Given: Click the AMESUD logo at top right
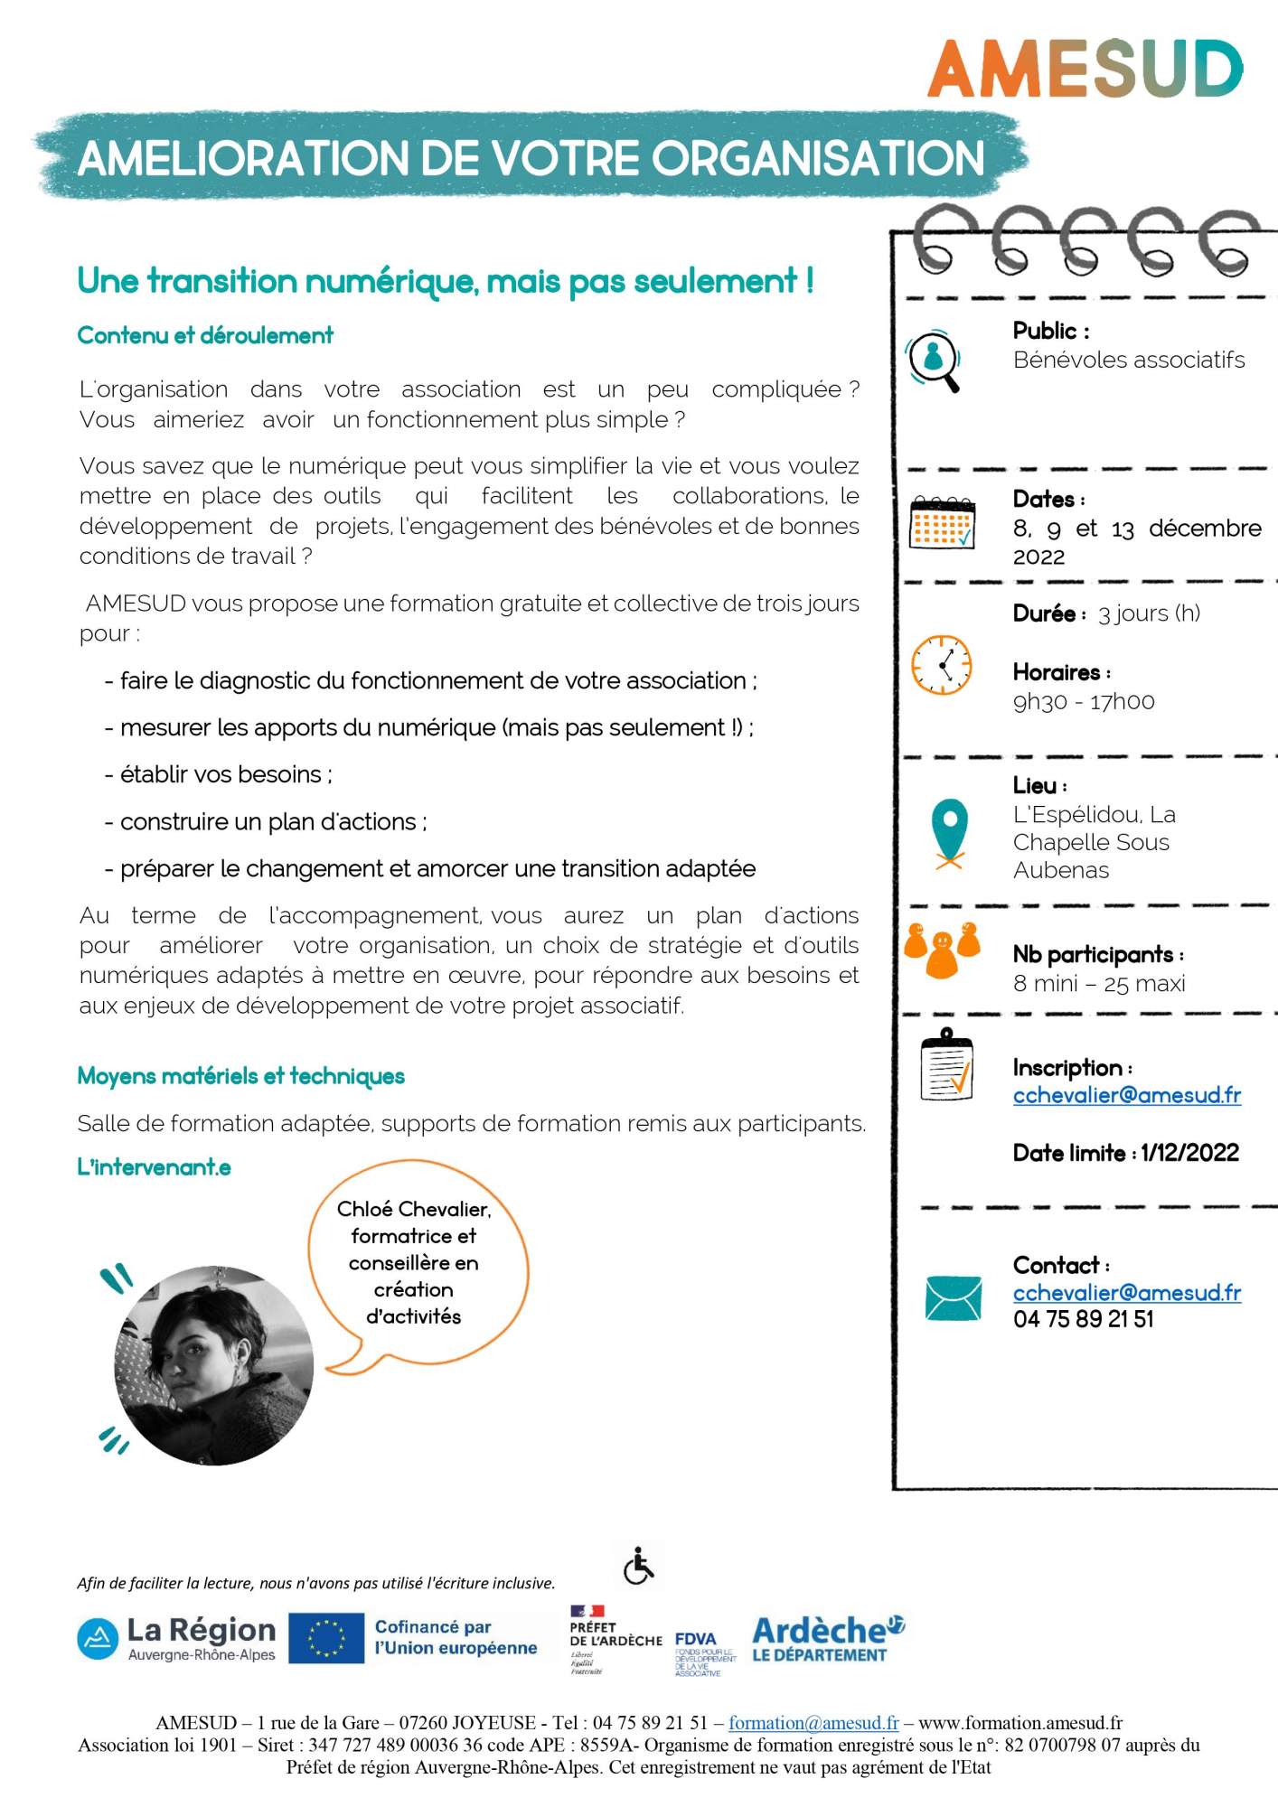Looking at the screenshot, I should click(1085, 69).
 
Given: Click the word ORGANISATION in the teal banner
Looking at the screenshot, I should click(818, 158).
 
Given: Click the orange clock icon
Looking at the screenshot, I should click(942, 665).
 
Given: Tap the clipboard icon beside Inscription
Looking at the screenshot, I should click(946, 1067).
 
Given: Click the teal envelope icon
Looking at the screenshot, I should click(954, 1298).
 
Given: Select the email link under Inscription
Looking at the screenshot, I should click(1126, 1095).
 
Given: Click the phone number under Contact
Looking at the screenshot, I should click(1083, 1319).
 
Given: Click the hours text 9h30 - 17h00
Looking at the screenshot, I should click(1083, 702).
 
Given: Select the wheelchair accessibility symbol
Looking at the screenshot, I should click(639, 1566).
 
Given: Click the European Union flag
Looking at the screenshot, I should click(326, 1638).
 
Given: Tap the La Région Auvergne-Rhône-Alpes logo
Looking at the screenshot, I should click(176, 1638).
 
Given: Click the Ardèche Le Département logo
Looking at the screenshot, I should click(827, 1638).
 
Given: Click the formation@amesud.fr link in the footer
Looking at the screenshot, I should click(813, 1723).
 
